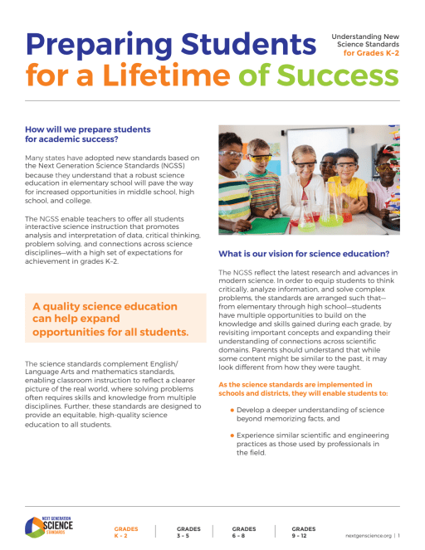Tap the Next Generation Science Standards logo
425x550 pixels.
[x=49, y=526]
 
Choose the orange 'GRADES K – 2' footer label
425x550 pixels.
[x=125, y=532]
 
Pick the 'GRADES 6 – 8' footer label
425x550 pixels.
[x=243, y=532]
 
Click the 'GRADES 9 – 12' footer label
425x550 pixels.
[x=304, y=532]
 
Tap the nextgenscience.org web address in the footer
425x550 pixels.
[x=369, y=536]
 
